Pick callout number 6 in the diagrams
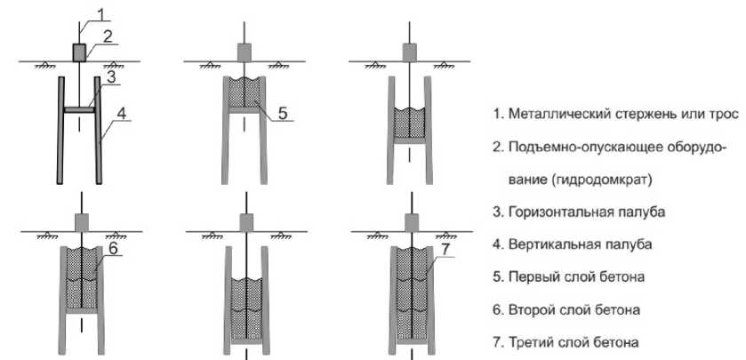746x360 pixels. click(x=114, y=249)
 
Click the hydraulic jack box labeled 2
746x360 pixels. click(x=78, y=52)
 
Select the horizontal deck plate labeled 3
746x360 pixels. click(x=78, y=110)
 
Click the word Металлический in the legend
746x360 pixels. click(x=553, y=115)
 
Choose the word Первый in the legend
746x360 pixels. click(x=533, y=276)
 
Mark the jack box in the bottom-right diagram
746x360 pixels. click(x=409, y=220)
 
